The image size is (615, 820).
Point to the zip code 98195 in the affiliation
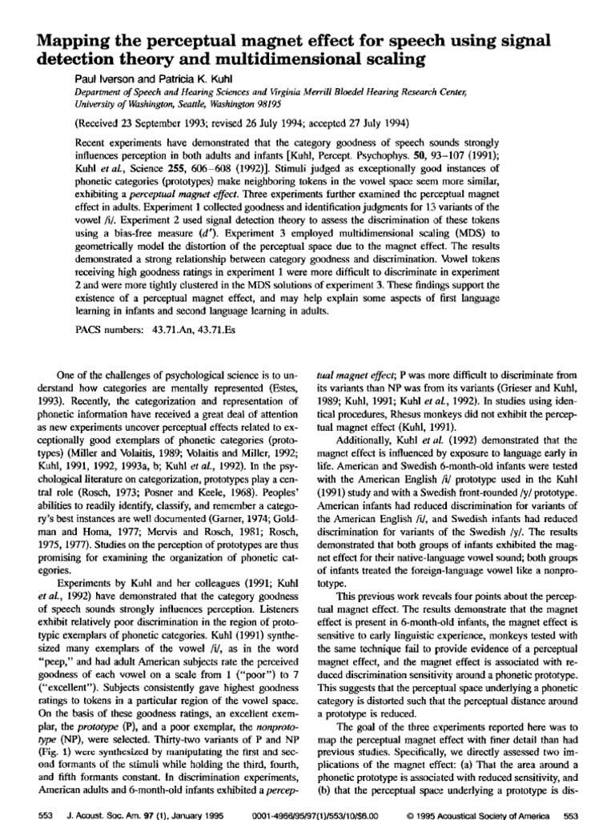click(276, 103)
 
